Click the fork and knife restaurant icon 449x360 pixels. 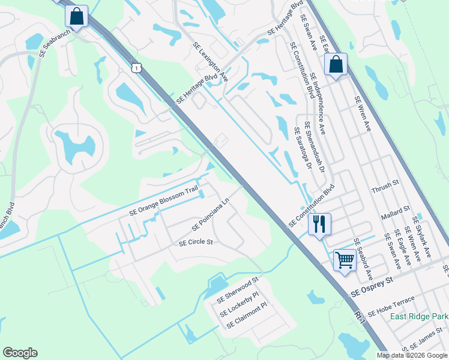[x=319, y=224]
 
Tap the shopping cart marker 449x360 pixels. [x=345, y=260]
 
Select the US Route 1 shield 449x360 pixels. [x=137, y=68]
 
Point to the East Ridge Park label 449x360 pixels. [x=419, y=316]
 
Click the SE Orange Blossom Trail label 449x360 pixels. [x=163, y=201]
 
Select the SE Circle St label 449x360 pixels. [x=196, y=243]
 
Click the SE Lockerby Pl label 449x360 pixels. [x=238, y=304]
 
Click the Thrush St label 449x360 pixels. [x=387, y=185]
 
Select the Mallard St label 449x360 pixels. [x=396, y=212]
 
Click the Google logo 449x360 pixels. [x=20, y=353]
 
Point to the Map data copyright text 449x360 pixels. [x=412, y=355]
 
